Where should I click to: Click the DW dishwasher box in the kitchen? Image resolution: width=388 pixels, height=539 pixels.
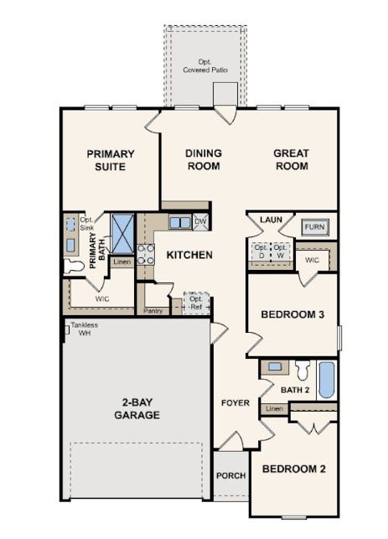click(x=200, y=221)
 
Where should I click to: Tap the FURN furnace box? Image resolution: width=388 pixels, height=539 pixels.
click(x=315, y=227)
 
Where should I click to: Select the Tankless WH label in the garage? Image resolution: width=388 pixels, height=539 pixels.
click(x=84, y=329)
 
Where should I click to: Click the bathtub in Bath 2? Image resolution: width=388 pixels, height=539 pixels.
click(x=327, y=380)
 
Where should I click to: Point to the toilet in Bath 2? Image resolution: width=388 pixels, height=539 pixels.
click(x=303, y=371)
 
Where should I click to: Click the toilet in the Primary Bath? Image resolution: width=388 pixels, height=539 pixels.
click(x=74, y=266)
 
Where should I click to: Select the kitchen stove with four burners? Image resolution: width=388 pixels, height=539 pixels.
click(x=146, y=254)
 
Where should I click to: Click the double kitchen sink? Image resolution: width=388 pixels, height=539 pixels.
click(x=180, y=222)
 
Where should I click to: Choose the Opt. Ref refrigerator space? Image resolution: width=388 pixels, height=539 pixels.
click(x=197, y=303)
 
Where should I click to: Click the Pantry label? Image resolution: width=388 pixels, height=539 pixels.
click(x=153, y=311)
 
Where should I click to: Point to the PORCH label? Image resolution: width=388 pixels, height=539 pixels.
click(x=231, y=475)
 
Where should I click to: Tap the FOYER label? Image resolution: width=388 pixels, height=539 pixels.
click(x=235, y=402)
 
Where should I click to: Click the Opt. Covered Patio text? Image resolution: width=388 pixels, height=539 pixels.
click(x=205, y=65)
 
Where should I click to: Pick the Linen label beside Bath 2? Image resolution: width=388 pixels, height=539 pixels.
click(x=274, y=409)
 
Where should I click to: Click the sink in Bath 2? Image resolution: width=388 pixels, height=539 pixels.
click(x=275, y=367)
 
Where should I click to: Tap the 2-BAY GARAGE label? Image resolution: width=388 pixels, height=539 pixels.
click(x=137, y=408)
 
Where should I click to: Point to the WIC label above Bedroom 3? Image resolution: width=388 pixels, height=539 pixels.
click(x=312, y=260)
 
